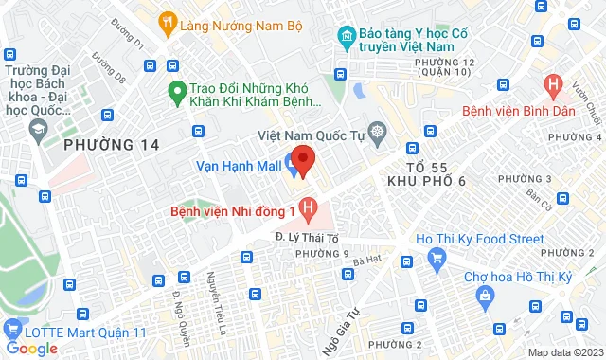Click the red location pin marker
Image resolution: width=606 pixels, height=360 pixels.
click(x=301, y=159)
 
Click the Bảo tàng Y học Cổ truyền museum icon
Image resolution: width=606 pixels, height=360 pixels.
click(x=345, y=39)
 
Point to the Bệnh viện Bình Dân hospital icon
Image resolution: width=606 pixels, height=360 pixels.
click(x=553, y=86)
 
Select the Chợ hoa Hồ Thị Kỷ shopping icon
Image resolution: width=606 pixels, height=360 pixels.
click(x=485, y=297)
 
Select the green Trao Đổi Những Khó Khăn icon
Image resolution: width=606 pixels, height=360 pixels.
click(x=175, y=92)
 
